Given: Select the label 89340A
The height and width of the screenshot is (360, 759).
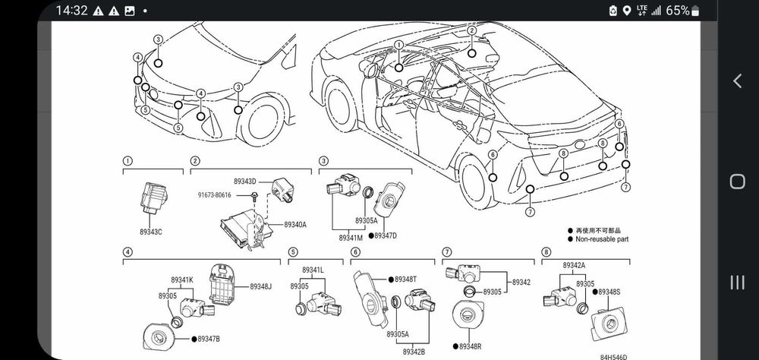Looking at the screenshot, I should pyautogui.click(x=295, y=225).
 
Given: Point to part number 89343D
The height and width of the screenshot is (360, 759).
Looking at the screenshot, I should pyautogui.click(x=245, y=182).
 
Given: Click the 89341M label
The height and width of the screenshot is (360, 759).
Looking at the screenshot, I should pyautogui.click(x=351, y=238).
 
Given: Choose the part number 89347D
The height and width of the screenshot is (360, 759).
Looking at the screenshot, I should pyautogui.click(x=385, y=235).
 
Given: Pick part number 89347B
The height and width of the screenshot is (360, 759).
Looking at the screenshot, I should pyautogui.click(x=209, y=337).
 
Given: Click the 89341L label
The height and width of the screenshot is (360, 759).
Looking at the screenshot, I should pyautogui.click(x=313, y=270).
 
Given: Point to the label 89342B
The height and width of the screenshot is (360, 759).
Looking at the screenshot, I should pyautogui.click(x=414, y=351).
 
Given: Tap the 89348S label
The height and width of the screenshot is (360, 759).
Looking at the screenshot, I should pyautogui.click(x=609, y=292).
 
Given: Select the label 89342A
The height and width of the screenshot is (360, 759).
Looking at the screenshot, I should pyautogui.click(x=574, y=265).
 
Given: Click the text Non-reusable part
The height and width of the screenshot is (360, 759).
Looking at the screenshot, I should pyautogui.click(x=603, y=239).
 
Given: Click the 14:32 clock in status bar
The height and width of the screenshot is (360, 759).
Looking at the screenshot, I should pyautogui.click(x=72, y=10).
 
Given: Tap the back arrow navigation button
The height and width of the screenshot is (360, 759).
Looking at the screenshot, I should pyautogui.click(x=737, y=81).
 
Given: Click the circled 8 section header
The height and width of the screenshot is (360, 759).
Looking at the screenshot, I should pyautogui.click(x=546, y=251).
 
